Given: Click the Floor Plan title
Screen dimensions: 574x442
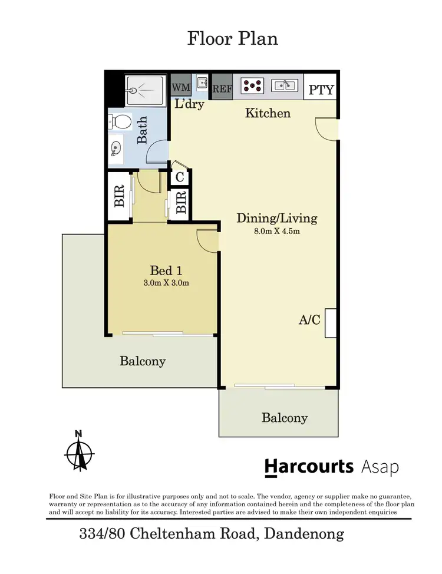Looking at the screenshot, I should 232,39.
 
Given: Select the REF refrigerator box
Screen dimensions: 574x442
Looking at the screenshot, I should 222,89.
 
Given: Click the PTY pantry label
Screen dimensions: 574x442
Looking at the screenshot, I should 321,90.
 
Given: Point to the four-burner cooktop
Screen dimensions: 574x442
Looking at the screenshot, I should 253,85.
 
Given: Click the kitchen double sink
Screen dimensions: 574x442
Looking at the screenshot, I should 287,85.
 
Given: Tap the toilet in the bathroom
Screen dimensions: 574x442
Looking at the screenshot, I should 121,122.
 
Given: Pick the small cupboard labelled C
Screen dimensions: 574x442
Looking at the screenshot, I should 180,177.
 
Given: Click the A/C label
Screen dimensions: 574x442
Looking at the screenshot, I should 309,320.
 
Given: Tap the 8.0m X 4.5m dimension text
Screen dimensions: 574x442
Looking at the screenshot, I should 277,231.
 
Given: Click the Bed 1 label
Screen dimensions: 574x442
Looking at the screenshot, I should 166,270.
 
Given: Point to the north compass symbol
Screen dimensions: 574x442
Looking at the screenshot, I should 79,453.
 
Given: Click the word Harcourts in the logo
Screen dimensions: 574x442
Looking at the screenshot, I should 309,467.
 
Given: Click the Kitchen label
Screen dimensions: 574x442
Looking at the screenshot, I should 268,113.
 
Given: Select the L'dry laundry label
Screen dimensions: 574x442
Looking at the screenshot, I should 189,104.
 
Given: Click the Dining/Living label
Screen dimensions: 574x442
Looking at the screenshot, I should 276,218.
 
